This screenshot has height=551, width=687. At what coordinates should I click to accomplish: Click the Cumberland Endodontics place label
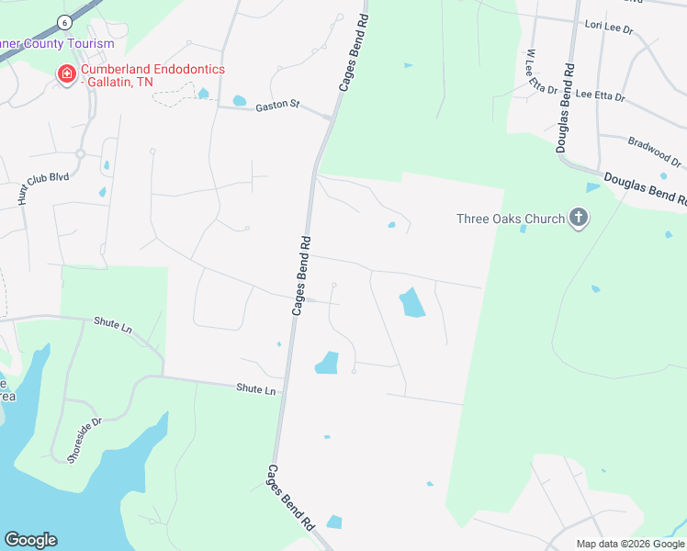(x=152, y=75)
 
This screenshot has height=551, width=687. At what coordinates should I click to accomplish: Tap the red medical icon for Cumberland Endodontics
(x=66, y=73)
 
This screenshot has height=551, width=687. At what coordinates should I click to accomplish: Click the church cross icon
(x=579, y=218)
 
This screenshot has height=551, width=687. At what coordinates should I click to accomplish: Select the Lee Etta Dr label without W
(x=600, y=96)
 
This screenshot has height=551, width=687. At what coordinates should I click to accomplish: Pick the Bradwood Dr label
(x=654, y=152)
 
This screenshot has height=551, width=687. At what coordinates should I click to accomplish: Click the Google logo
(x=30, y=540)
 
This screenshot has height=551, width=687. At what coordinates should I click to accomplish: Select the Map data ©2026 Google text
(x=630, y=544)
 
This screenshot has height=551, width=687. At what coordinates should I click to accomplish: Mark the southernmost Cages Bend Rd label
(x=291, y=497)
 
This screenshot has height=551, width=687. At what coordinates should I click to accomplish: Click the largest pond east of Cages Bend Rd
(x=411, y=302)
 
